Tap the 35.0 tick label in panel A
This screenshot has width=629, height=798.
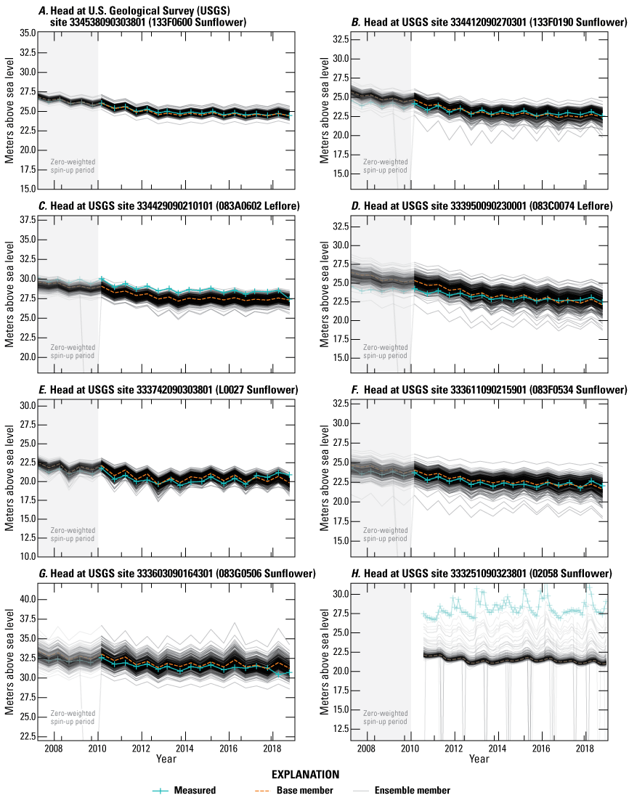[25, 33]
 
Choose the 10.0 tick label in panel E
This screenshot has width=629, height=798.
[25, 556]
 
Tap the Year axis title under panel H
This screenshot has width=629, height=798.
[479, 759]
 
